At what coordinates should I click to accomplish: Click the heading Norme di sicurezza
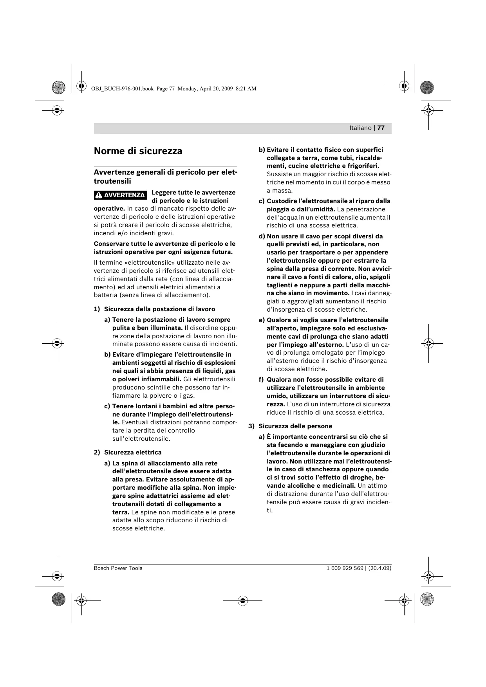(138, 151)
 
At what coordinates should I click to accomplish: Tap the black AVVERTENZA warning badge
(121, 195)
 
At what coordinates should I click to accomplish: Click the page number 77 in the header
(381, 128)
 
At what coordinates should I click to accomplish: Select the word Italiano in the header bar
(360, 128)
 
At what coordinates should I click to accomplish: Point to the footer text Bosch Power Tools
(118, 568)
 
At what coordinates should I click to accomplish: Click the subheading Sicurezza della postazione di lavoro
(159, 309)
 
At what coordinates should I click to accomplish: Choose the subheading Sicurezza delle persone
(295, 426)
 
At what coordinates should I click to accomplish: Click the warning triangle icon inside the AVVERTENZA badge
(99, 195)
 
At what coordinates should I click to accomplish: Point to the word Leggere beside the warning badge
(164, 193)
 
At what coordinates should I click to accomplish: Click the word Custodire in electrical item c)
(282, 201)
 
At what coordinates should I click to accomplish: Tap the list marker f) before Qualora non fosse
(261, 380)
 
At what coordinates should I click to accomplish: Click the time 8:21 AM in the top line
(246, 88)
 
